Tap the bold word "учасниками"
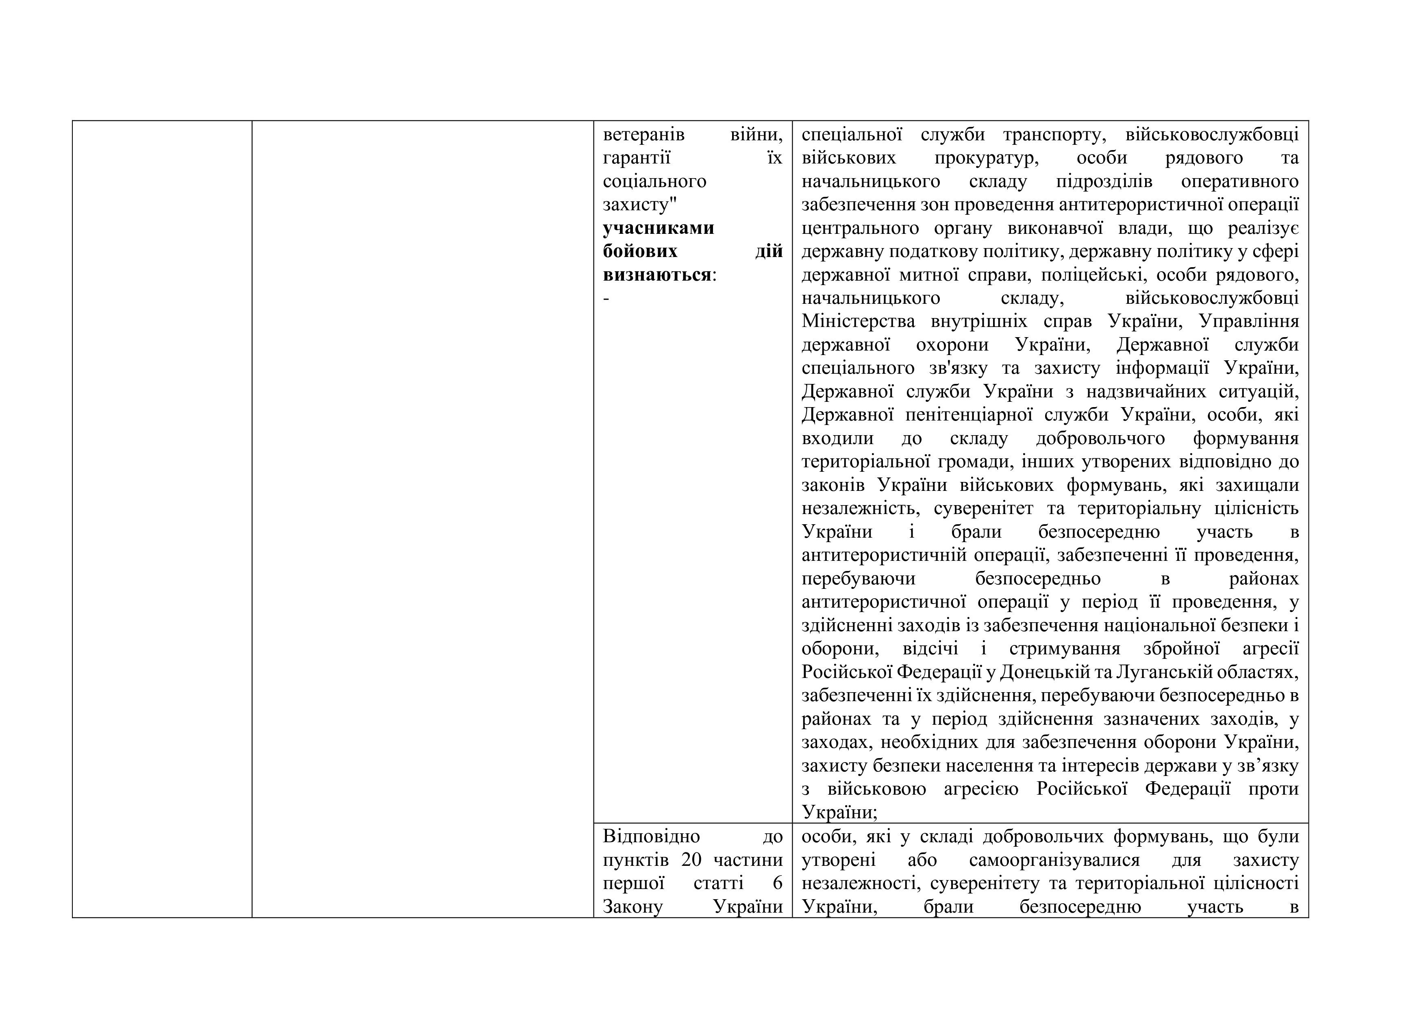659,228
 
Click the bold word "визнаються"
656,275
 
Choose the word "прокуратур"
986,158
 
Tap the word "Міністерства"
859,321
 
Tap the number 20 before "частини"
691,860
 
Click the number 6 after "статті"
778,883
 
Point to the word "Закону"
633,907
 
